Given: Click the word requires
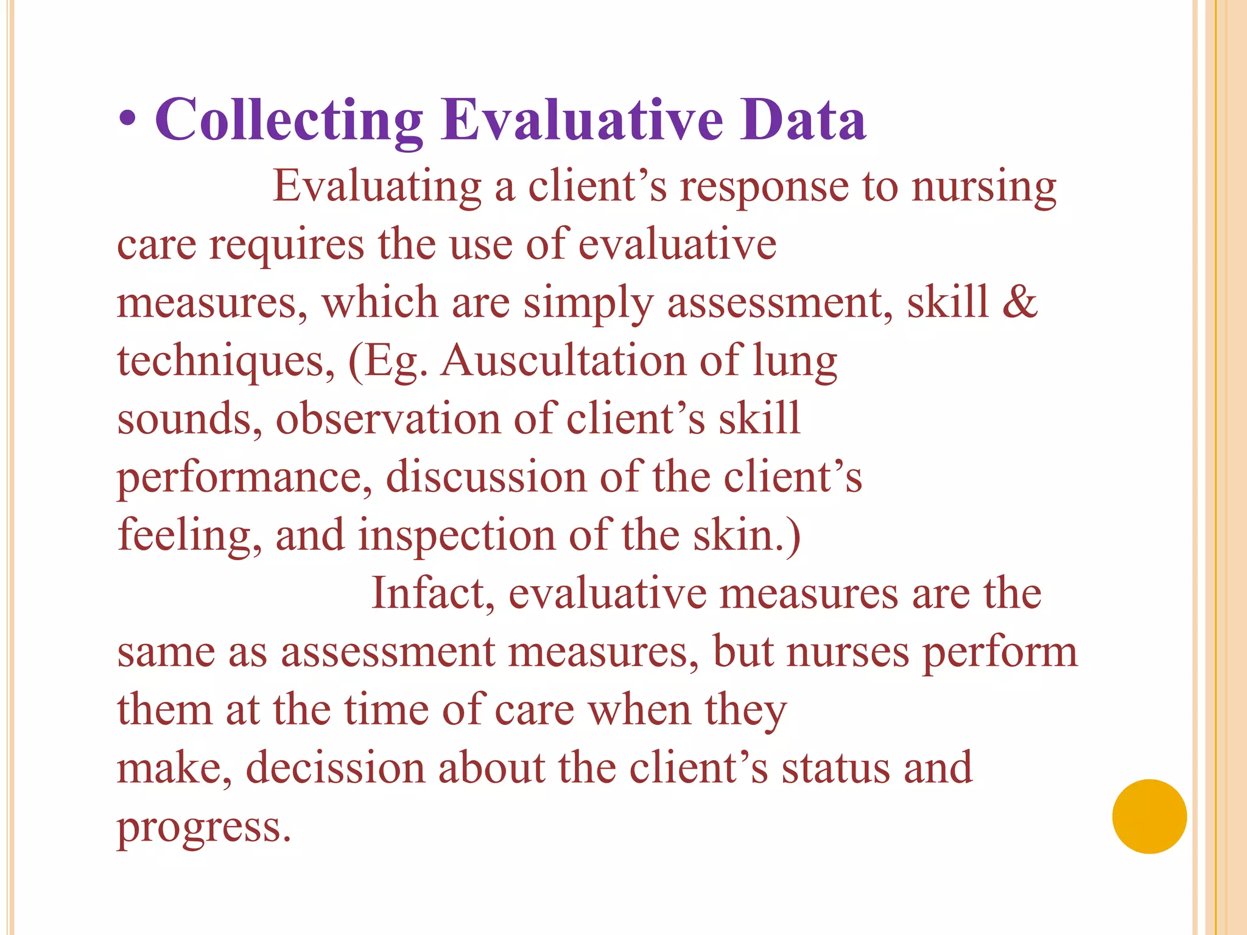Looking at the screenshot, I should (x=286, y=245).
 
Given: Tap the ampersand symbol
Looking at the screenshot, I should (x=1020, y=303).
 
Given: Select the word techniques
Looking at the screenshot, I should (x=225, y=362).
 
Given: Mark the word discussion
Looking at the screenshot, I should (x=486, y=477).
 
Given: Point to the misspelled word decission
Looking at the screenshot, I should (x=335, y=768).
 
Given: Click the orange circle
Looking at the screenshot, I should (x=1149, y=816).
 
